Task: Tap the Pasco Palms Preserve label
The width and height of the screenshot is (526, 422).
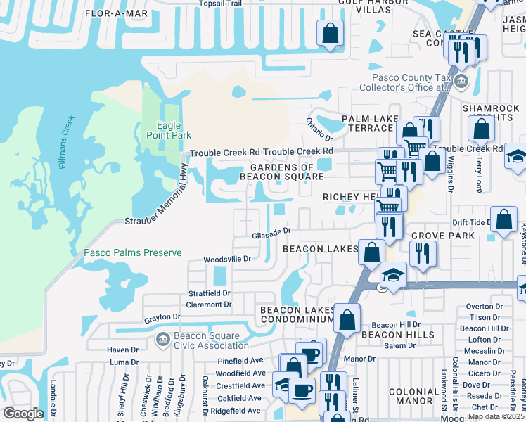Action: (x=133, y=253)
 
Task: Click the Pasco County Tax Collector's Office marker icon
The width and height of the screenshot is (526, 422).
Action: (x=461, y=82)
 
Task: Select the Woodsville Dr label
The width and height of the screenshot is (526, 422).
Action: (x=227, y=259)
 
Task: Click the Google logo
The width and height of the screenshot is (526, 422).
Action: (x=23, y=414)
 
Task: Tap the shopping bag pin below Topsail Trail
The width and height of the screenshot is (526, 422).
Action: (x=330, y=32)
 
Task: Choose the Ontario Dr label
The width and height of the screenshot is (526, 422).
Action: (x=319, y=128)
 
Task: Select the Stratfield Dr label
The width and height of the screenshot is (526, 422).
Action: (x=209, y=293)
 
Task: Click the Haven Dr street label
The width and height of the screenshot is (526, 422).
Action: (x=122, y=350)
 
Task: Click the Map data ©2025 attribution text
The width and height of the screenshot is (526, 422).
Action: (x=496, y=416)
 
